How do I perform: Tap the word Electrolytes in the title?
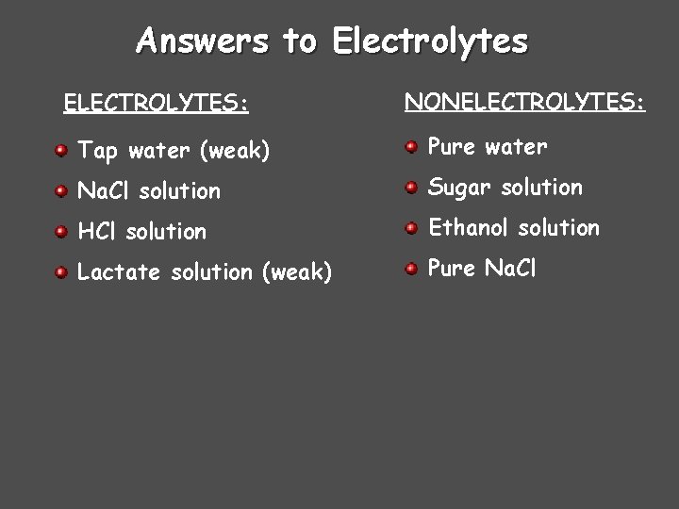[431, 41]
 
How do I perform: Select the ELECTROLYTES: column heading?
[156, 102]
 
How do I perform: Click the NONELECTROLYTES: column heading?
[525, 100]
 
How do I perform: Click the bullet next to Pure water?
[411, 147]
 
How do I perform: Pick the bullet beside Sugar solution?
[411, 188]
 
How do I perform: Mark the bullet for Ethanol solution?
[411, 228]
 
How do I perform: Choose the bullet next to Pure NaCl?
[411, 269]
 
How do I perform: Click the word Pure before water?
[452, 146]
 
